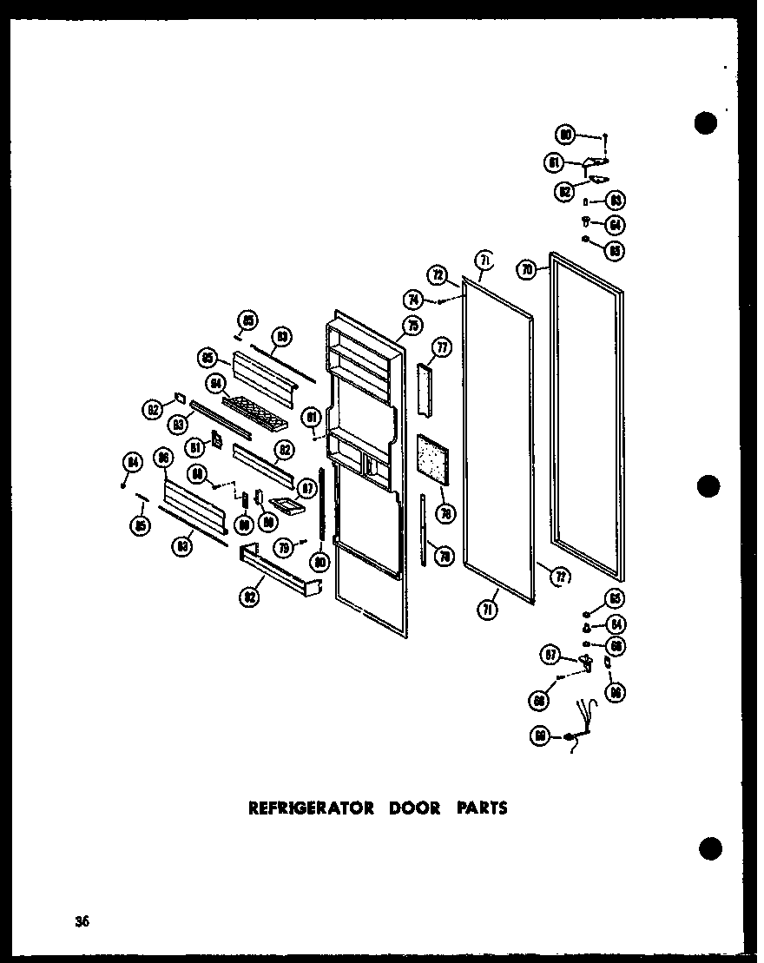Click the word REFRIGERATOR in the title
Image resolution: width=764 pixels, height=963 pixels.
[311, 808]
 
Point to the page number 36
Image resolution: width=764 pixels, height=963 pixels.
[82, 921]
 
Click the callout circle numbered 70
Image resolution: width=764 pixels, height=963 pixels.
[527, 271]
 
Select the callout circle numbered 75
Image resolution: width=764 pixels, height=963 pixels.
[412, 326]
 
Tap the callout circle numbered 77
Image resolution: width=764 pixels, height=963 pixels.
[442, 349]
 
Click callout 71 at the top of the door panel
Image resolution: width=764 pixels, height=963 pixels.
[484, 259]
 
